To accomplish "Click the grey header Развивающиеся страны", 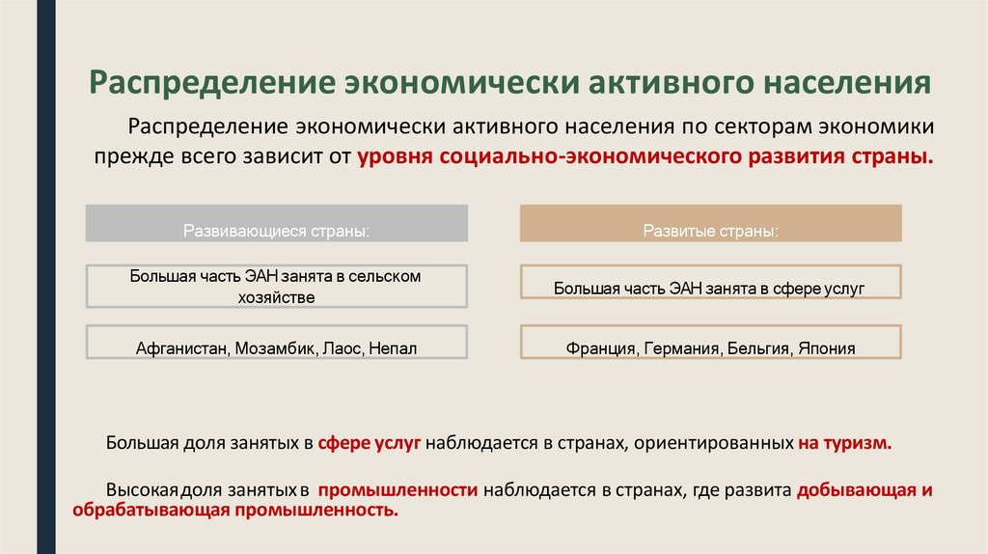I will (277, 232).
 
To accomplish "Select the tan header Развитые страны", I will (711, 232).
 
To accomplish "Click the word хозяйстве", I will (276, 297).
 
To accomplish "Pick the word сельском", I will (386, 276).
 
